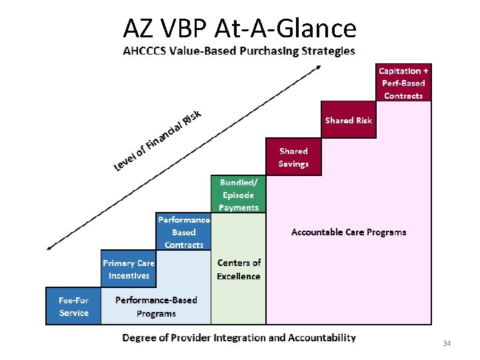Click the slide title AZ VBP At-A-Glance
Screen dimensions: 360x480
pos(240,29)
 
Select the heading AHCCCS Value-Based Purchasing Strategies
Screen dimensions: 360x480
pos(239,51)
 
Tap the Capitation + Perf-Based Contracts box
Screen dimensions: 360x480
pos(403,83)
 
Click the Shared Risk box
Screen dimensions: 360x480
pos(348,120)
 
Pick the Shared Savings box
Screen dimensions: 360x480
pos(293,157)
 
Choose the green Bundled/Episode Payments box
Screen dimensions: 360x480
pos(238,195)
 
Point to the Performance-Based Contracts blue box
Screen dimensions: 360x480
pos(183,232)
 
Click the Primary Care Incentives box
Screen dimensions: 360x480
pos(128,269)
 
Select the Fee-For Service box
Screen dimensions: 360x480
pos(73,306)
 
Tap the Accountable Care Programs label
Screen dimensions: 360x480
pos(349,232)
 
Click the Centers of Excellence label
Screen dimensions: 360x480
pos(239,269)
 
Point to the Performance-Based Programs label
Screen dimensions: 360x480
pos(156,306)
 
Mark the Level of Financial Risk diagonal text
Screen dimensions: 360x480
pos(157,138)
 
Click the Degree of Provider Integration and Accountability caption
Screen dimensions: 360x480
pos(239,338)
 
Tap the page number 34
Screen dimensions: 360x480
pos(447,343)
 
